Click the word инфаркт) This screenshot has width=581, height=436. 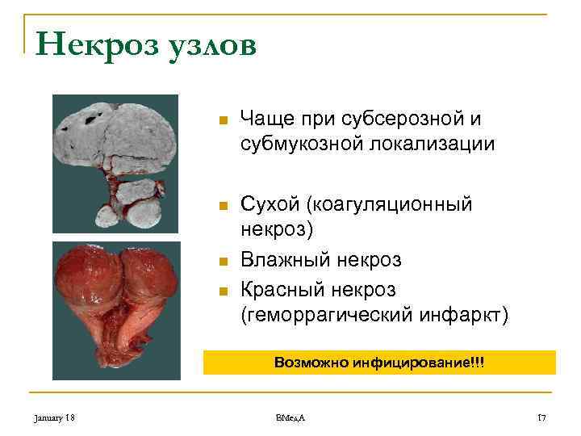point(468,313)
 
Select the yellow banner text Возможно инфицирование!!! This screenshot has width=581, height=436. point(379,363)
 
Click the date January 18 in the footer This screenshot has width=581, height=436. point(54,417)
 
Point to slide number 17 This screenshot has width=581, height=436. point(541,417)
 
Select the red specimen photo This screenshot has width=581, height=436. point(115,311)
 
